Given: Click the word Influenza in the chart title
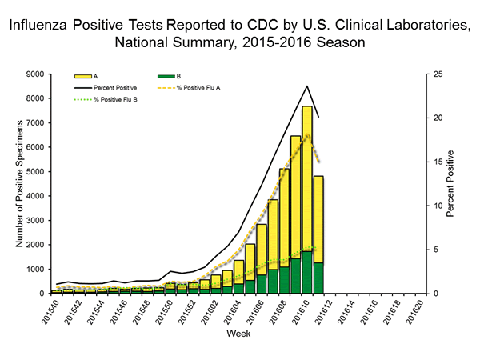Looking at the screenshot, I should click(41, 26).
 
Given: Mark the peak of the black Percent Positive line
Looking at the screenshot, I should click(306, 86).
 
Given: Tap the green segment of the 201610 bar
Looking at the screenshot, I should click(306, 273).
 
